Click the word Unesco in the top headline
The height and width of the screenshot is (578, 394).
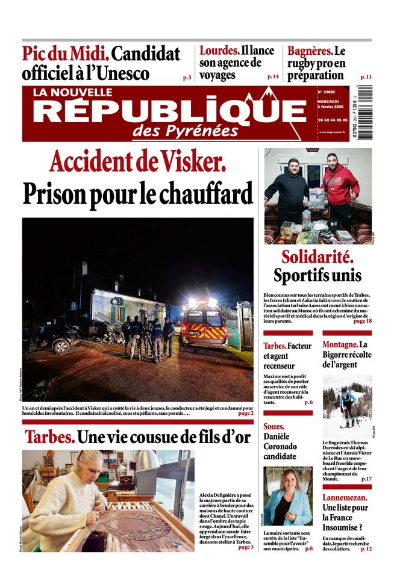(126, 74)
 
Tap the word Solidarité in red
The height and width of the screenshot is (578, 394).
(317, 257)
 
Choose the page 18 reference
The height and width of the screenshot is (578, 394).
(362, 321)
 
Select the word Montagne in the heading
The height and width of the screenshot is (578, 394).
(340, 345)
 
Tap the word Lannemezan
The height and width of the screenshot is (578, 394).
(346, 498)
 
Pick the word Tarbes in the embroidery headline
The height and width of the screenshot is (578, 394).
(49, 437)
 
